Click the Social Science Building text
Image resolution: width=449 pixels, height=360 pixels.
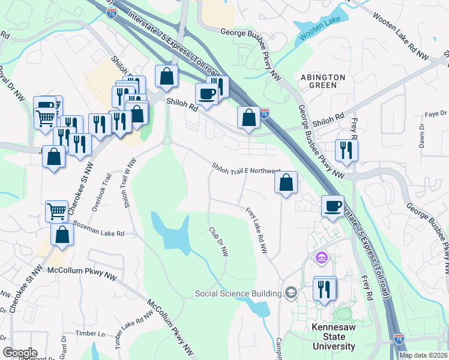[238, 293]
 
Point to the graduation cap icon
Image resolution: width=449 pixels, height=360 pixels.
[292, 293]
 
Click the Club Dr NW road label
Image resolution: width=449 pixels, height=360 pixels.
[218, 242]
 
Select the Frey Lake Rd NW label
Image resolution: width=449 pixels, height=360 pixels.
[256, 230]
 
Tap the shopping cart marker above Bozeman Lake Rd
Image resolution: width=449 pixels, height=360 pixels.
[56, 211]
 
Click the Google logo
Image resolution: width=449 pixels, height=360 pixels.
[20, 353]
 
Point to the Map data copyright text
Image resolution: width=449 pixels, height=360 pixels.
[423, 355]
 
